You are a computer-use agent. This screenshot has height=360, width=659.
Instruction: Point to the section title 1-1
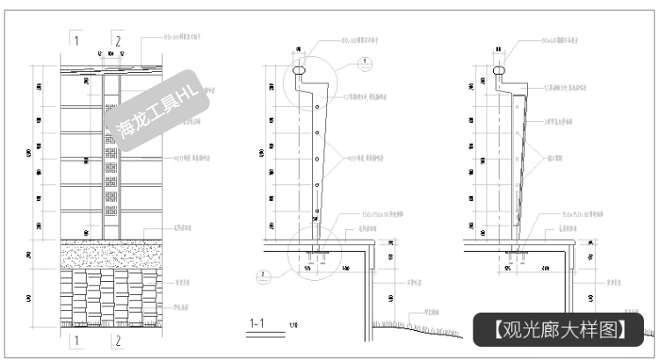[258, 324]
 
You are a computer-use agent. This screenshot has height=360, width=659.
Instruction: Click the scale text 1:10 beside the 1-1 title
[292, 326]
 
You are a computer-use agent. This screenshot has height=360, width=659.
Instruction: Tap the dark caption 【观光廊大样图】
[560, 329]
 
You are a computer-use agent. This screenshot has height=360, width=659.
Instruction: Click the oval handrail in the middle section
[301, 66]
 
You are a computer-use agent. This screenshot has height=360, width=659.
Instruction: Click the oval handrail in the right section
[500, 66]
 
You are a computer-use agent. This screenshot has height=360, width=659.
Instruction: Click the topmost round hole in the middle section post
[317, 108]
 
